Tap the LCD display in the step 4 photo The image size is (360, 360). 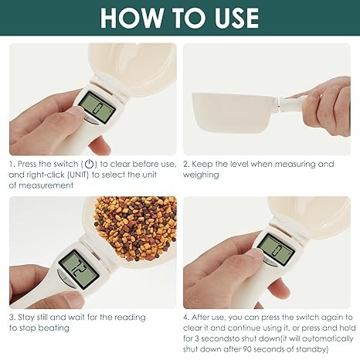271,249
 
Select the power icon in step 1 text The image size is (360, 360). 90,164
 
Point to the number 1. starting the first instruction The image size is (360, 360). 12,164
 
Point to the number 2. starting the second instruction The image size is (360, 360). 186,164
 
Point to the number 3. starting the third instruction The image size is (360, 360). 12,318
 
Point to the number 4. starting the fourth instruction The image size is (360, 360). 186,318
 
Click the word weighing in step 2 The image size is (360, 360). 201,175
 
